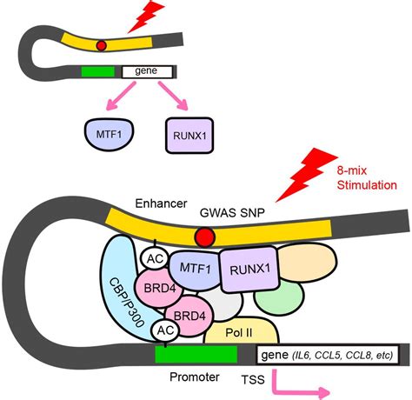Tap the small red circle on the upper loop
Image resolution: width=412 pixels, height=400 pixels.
102,45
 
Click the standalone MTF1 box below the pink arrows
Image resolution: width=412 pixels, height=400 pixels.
106,133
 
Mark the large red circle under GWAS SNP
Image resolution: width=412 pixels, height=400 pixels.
206,237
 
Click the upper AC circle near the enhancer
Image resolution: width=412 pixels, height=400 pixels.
156,258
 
